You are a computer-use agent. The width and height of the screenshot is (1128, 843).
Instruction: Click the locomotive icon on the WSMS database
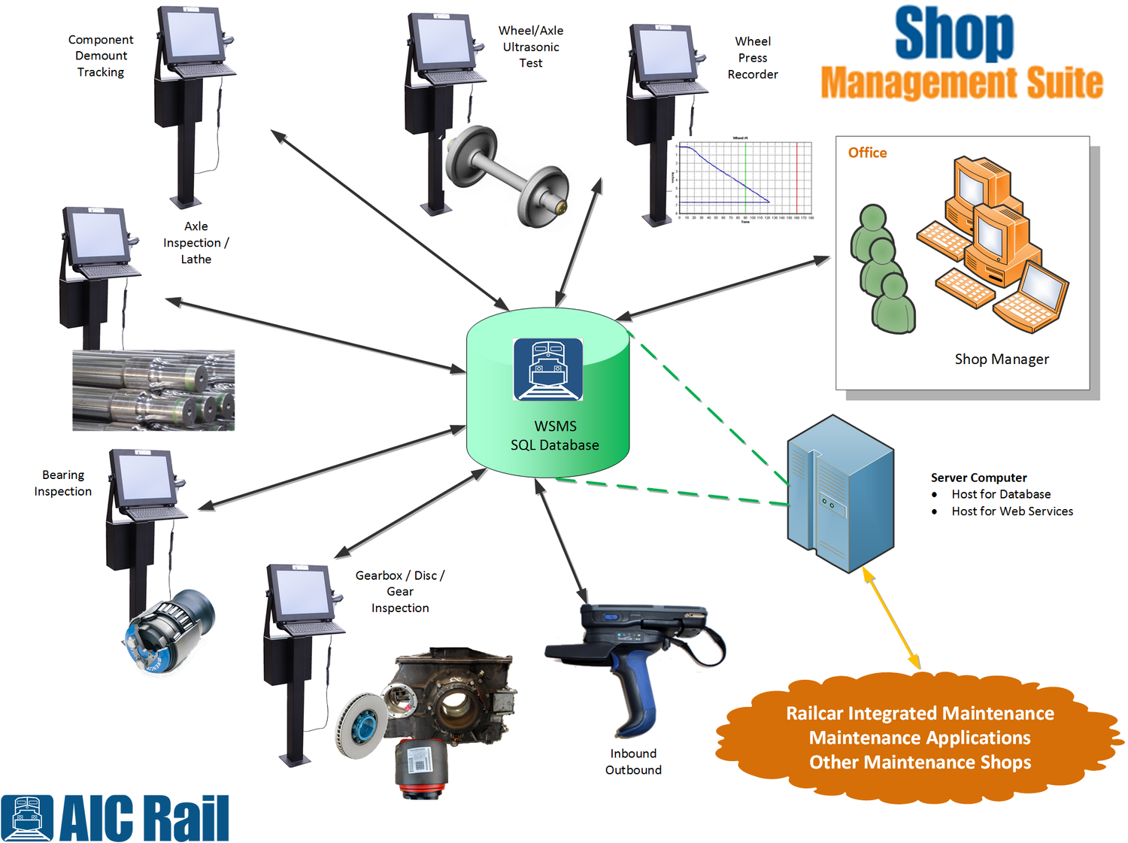(x=547, y=369)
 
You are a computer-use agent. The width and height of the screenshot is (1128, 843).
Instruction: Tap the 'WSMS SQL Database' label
(x=555, y=435)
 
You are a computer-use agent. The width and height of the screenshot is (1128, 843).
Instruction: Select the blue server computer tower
(x=839, y=493)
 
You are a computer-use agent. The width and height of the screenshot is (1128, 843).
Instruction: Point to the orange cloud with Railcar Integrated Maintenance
(x=920, y=738)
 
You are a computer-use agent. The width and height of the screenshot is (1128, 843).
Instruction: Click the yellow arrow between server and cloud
(x=891, y=618)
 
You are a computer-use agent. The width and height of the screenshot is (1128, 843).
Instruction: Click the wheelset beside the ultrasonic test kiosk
(x=505, y=174)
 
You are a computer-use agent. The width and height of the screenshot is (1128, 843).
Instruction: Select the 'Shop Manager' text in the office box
(x=1001, y=359)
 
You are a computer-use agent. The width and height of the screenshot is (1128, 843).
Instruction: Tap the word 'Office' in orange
(x=867, y=153)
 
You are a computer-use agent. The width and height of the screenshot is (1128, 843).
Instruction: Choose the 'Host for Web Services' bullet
(x=1011, y=511)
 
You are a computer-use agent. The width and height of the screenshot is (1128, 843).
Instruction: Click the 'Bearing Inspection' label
(x=63, y=483)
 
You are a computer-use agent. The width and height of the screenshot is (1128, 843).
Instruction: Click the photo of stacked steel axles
(x=153, y=390)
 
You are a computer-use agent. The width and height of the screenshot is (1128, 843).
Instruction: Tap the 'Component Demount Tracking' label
(x=101, y=56)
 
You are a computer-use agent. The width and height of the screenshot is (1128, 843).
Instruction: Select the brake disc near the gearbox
(x=360, y=724)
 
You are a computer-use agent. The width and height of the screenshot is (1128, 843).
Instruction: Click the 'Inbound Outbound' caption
(x=633, y=762)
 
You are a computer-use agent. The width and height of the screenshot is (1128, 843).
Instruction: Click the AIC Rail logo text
(x=143, y=818)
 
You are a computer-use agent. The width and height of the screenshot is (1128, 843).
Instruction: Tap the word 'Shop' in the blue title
(x=954, y=34)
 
